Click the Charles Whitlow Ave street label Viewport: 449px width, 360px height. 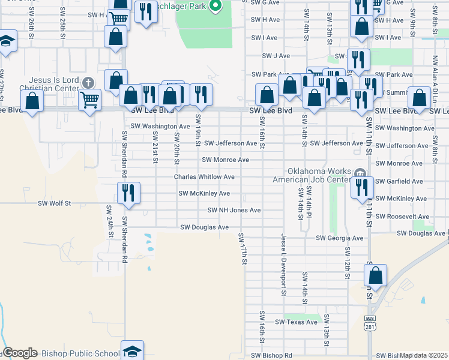pyautogui.click(x=204, y=177)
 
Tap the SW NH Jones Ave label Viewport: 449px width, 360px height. pyautogui.click(x=234, y=211)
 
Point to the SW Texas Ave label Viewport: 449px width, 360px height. pyautogui.click(x=296, y=322)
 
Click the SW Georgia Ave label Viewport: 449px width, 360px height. pyautogui.click(x=340, y=238)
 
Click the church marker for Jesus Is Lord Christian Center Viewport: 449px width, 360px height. pyautogui.click(x=88, y=82)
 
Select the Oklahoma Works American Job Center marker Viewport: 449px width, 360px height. pyautogui.click(x=360, y=174)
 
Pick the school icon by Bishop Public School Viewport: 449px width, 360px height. pyautogui.click(x=132, y=351)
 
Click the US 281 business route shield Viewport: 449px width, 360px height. pyautogui.click(x=369, y=323)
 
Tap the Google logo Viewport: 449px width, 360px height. pyautogui.click(x=20, y=353)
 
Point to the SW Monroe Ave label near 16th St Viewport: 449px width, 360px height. pyautogui.click(x=225, y=160)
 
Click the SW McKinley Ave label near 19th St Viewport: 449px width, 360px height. pyautogui.click(x=204, y=194)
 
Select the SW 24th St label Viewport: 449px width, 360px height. pyautogui.click(x=109, y=221)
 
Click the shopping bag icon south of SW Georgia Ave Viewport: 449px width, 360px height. pyautogui.click(x=375, y=276)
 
